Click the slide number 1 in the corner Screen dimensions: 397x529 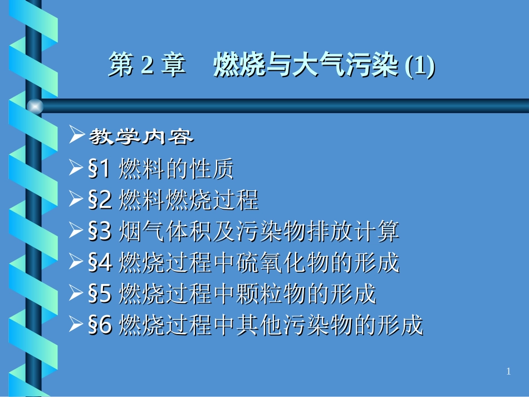pos(508,372)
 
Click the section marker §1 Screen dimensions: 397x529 pos(100,169)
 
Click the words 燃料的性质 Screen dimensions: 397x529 pos(177,169)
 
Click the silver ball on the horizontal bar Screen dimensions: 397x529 pos(35,106)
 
